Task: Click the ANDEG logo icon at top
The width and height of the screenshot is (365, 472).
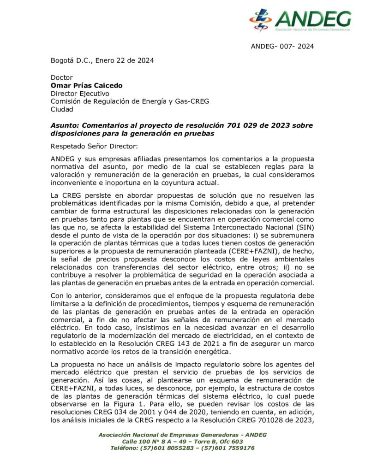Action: [x=261, y=20]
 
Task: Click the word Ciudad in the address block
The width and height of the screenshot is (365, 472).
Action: [x=61, y=109]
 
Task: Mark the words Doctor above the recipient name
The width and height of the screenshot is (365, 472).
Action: [x=61, y=77]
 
